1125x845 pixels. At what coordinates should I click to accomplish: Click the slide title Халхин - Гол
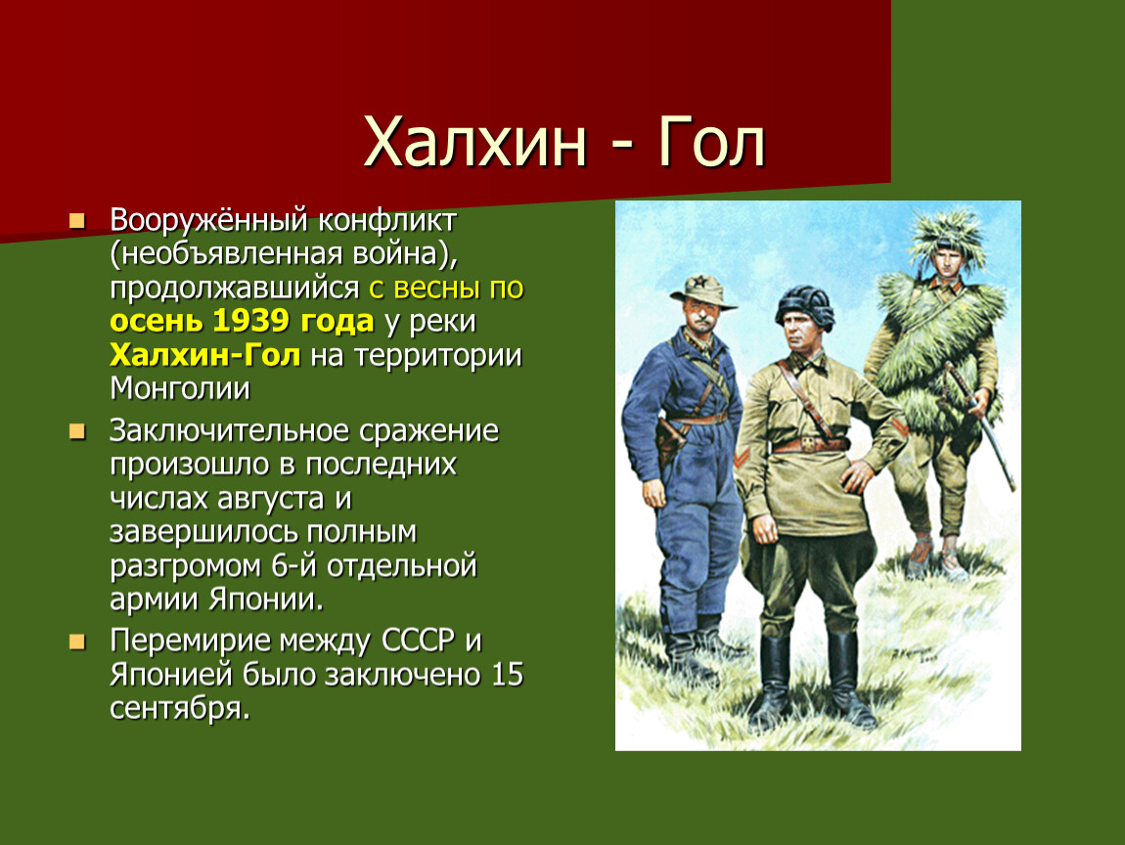pyautogui.click(x=564, y=142)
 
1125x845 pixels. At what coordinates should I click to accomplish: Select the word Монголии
pyautogui.click(x=180, y=388)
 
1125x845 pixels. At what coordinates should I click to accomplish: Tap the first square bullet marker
pyautogui.click(x=76, y=220)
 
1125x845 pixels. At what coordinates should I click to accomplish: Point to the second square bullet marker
pyautogui.click(x=76, y=431)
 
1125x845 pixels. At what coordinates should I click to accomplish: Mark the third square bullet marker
pyautogui.click(x=76, y=642)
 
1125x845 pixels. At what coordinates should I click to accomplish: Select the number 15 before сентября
pyautogui.click(x=508, y=675)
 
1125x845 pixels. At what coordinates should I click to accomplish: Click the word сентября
pyautogui.click(x=180, y=709)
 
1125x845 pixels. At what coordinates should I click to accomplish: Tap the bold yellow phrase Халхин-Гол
pyautogui.click(x=205, y=355)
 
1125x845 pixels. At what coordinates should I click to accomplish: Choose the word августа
pyautogui.click(x=270, y=499)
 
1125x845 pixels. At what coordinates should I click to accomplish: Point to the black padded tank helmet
pyautogui.click(x=804, y=307)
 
